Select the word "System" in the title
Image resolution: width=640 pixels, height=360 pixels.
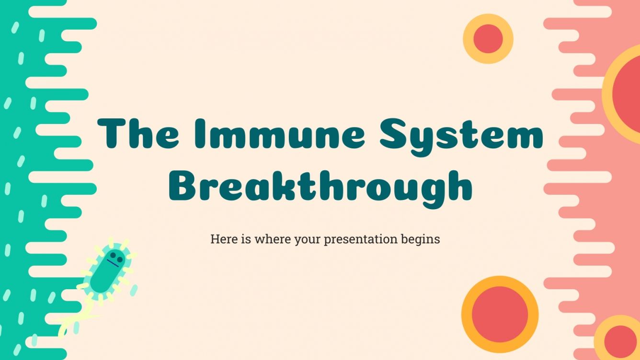[461, 134]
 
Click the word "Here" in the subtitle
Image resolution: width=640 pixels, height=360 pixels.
[224, 238]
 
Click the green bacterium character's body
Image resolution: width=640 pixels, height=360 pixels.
[106, 273]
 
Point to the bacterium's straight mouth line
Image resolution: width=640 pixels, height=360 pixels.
[114, 264]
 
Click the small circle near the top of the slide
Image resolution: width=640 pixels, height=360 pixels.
[488, 39]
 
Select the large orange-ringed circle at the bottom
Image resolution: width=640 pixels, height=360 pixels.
[500, 314]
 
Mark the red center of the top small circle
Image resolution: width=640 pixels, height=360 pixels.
[488, 39]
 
